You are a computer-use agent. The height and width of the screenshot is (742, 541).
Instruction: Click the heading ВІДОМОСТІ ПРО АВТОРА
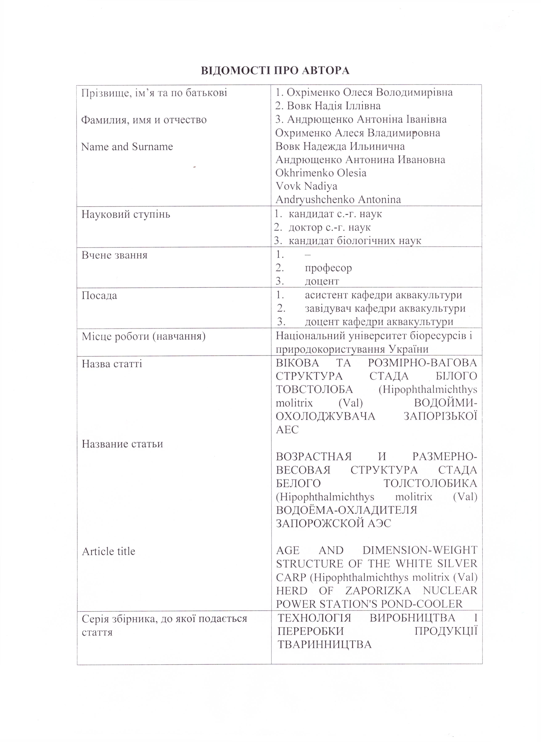[275, 71]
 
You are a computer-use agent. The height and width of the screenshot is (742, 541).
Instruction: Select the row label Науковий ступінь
[126, 214]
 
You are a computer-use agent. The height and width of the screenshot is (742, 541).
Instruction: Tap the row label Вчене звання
[114, 255]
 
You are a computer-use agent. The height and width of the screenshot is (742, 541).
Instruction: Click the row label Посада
[99, 295]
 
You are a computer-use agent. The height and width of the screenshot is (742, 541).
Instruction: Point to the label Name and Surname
[127, 147]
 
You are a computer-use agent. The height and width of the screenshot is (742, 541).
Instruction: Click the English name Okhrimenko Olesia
[321, 173]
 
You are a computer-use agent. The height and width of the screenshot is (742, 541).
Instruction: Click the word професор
[328, 268]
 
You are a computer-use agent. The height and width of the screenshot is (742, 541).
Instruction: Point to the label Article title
[108, 551]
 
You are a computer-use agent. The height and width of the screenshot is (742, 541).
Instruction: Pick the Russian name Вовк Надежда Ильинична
[340, 146]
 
